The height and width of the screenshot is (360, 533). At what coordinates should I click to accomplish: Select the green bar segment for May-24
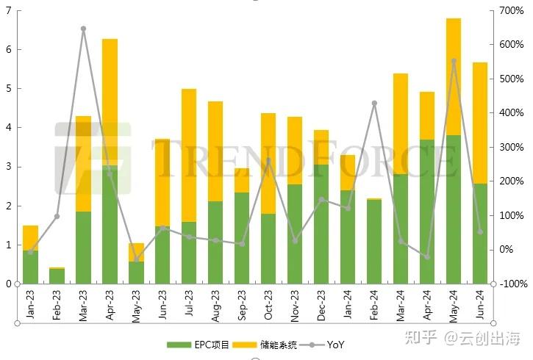[x=454, y=209]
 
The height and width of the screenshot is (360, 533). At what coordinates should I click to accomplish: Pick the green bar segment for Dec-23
[x=321, y=224]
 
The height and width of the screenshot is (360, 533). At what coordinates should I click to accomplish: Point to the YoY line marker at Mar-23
[x=83, y=29]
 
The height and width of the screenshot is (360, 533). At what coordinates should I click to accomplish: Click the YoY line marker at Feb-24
[x=374, y=104]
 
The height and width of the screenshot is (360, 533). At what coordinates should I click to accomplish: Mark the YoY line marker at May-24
[x=454, y=61]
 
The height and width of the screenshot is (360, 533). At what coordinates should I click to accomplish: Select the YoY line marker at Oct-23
[x=268, y=160]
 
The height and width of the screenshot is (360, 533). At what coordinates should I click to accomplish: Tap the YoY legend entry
[x=327, y=344]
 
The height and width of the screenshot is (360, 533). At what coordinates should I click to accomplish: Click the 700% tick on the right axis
[x=512, y=11]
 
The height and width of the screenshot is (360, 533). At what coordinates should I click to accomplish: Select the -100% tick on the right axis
[x=512, y=284]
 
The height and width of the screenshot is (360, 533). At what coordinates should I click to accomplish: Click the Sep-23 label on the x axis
[x=242, y=304]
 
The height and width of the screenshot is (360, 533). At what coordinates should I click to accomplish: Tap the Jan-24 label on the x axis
[x=348, y=304]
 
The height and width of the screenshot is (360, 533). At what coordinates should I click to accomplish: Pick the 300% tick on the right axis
[x=512, y=148]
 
